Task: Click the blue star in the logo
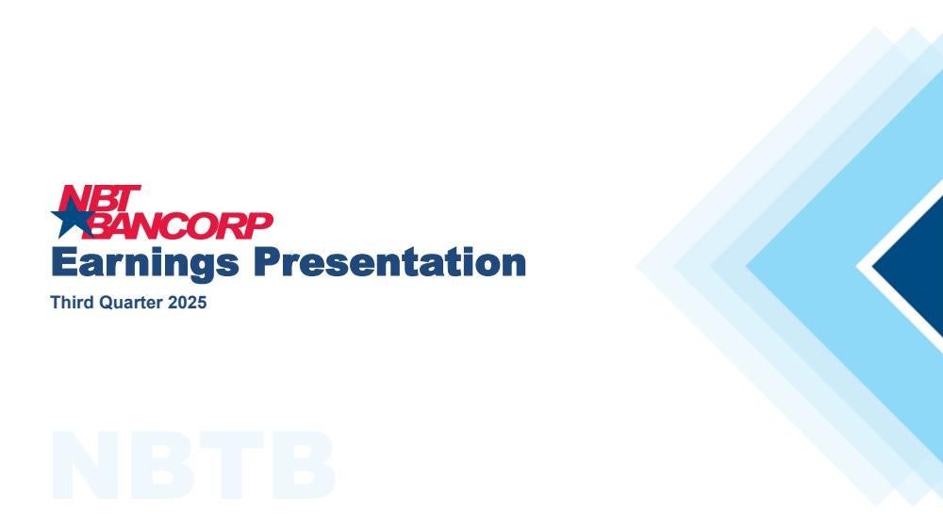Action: [73, 217]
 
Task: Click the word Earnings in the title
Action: [145, 263]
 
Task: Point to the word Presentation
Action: [389, 262]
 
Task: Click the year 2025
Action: [187, 302]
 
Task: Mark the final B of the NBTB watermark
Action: [303, 464]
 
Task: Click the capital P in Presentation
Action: [269, 262]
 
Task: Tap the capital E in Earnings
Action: [66, 262]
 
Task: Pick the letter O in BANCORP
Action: [207, 225]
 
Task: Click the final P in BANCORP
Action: [259, 225]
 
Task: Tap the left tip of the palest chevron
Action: [637, 266]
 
